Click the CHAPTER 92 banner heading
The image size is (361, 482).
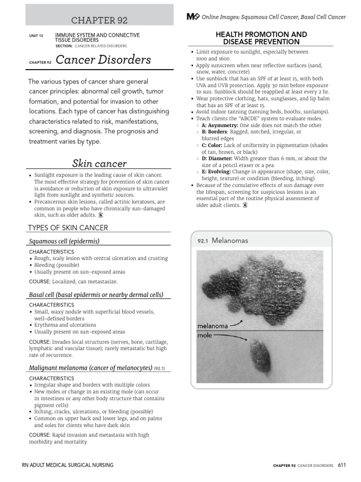(x=99, y=20)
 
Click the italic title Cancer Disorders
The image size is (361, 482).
(x=103, y=60)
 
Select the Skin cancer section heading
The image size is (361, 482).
(x=99, y=164)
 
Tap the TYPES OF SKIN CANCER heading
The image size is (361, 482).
(x=68, y=228)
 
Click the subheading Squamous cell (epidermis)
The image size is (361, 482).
(x=64, y=241)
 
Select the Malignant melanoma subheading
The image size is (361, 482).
(x=90, y=368)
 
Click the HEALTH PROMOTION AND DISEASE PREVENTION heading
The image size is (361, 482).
(x=261, y=38)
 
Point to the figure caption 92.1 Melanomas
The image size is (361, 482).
(x=223, y=241)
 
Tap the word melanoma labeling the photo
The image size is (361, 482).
(x=212, y=326)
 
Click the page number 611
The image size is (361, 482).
(x=342, y=465)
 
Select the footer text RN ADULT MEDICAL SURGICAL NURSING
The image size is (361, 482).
(x=68, y=465)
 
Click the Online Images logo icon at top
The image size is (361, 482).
(x=193, y=17)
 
